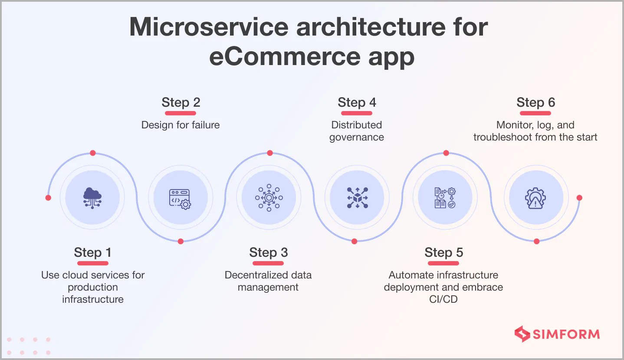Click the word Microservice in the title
click(x=209, y=27)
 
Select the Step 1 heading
click(x=92, y=252)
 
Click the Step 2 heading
click(x=181, y=102)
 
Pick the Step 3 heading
click(x=268, y=252)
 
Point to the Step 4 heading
click(x=357, y=102)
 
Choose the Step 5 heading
click(x=443, y=252)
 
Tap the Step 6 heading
click(x=535, y=102)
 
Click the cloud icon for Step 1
click(x=92, y=198)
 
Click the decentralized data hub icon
click(x=269, y=198)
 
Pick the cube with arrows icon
click(x=357, y=198)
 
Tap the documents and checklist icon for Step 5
click(x=445, y=198)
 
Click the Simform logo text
click(x=566, y=334)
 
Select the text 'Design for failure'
click(x=181, y=125)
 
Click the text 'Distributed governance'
click(x=357, y=131)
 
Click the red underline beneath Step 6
click(x=535, y=113)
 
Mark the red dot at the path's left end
click(x=48, y=198)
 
